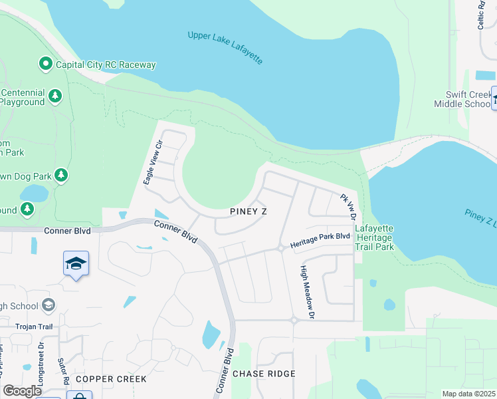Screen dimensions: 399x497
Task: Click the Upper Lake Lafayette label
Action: (x=225, y=47)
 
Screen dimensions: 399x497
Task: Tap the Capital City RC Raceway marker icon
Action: (x=46, y=65)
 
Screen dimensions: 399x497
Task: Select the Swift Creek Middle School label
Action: (x=462, y=100)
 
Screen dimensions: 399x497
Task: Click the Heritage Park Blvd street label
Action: (x=320, y=236)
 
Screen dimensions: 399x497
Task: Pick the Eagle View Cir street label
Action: (x=153, y=163)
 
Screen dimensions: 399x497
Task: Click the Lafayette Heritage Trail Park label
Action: (x=375, y=237)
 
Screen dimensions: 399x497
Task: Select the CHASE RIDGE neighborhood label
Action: (x=264, y=374)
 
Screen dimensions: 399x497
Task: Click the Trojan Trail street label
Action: (x=35, y=327)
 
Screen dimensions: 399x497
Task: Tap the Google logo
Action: (x=22, y=391)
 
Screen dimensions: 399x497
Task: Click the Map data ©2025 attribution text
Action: (x=468, y=394)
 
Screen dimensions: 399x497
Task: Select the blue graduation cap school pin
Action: (x=76, y=263)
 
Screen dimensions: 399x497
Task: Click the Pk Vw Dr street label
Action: (x=349, y=207)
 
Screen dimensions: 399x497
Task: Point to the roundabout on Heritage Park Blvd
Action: (x=282, y=248)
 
